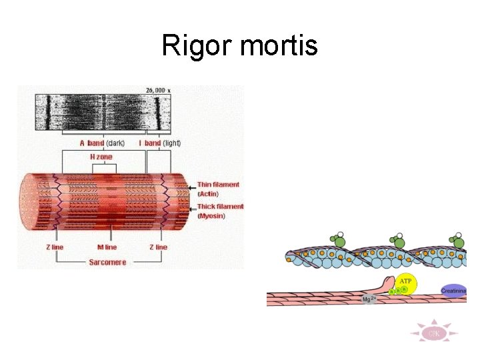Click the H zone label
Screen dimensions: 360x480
point(101,157)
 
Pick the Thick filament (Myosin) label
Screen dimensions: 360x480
point(220,211)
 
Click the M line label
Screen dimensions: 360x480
point(103,247)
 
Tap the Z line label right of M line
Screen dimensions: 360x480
point(159,247)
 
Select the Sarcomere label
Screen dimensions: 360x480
point(107,263)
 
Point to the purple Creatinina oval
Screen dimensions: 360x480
point(453,291)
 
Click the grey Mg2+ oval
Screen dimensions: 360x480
point(369,299)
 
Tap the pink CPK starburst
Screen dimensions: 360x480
point(433,333)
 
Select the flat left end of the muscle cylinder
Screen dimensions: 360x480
point(29,201)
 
